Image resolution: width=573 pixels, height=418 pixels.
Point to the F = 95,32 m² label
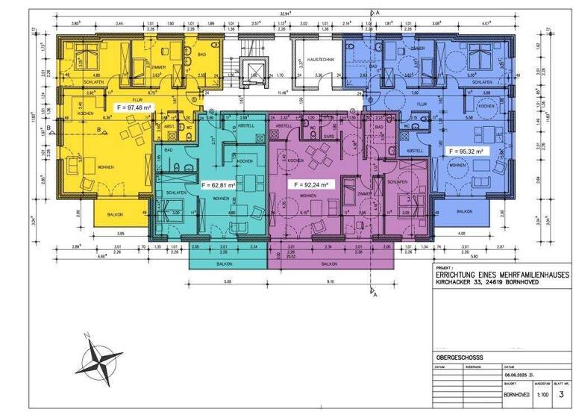pos(465,150)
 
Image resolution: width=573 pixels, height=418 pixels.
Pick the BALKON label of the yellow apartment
pos(113,213)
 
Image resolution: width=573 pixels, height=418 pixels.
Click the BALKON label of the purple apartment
pos(328,263)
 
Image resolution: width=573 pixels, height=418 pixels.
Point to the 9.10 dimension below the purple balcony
pos(330,281)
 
